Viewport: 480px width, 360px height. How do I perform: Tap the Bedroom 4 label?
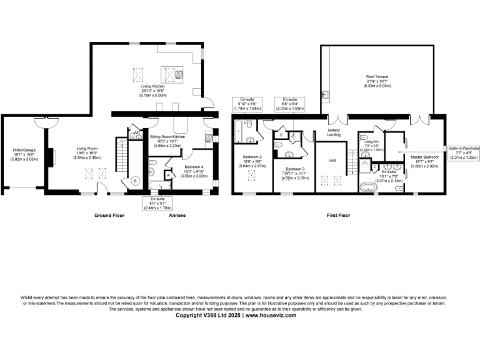pos(193,170)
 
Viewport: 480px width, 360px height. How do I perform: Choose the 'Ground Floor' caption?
pos(110,216)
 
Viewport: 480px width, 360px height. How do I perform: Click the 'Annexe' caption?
pos(177,216)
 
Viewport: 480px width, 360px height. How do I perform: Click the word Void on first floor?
pos(332,160)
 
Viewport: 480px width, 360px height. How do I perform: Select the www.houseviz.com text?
pos(271,315)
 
